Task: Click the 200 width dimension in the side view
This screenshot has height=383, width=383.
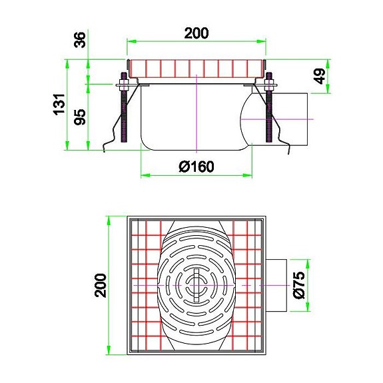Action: [x=196, y=33]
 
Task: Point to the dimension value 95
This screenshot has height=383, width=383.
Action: [x=79, y=117]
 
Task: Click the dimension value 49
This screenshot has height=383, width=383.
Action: [x=320, y=76]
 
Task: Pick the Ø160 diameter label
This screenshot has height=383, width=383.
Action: [x=196, y=166]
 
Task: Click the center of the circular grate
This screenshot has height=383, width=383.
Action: [x=196, y=285]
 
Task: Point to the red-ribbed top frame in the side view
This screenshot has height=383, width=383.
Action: [x=196, y=68]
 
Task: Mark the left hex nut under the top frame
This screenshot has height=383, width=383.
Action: [x=125, y=85]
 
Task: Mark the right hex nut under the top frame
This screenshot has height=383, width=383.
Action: [x=270, y=85]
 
